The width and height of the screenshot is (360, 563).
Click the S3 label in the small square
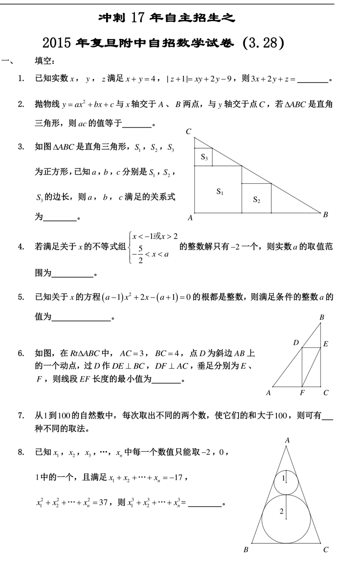tap(204, 157)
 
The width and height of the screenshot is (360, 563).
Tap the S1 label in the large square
tap(220, 192)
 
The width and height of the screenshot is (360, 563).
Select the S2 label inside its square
tap(256, 200)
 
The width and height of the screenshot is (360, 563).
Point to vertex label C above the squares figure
tap(189, 132)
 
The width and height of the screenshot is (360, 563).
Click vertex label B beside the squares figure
tap(325, 215)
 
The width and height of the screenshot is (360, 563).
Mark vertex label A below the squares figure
tap(190, 218)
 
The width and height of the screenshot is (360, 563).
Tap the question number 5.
tap(21, 297)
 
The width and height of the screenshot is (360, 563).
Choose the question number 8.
tap(21, 452)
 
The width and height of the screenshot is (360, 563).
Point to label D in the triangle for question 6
tap(296, 343)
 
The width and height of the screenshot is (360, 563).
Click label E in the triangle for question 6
tap(325, 344)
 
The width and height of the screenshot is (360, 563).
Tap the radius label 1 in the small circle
tap(283, 478)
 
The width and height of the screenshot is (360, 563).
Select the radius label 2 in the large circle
tap(282, 512)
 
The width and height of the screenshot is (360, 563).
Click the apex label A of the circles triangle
tap(287, 440)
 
